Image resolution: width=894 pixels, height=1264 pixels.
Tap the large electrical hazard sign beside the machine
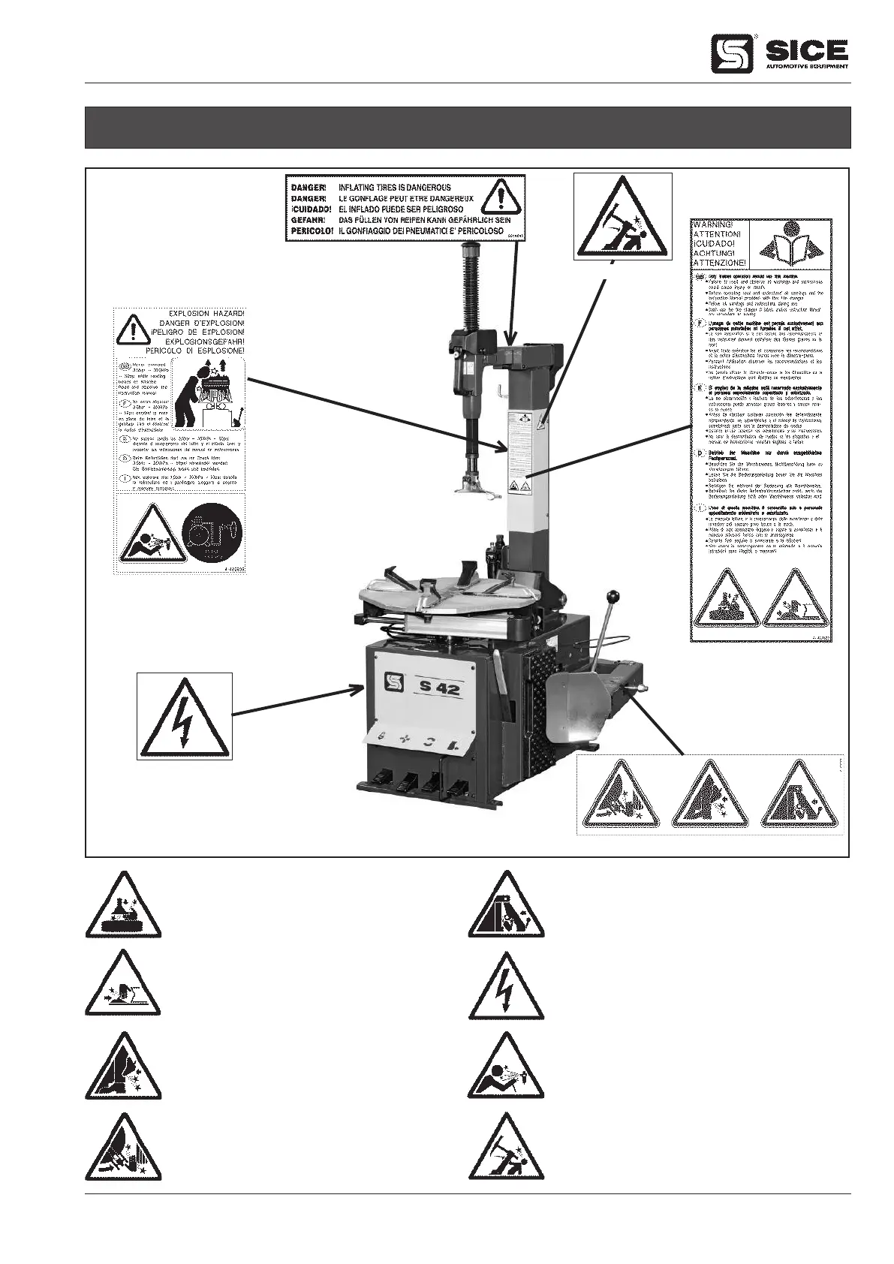185,716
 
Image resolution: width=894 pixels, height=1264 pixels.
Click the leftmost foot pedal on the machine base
380,781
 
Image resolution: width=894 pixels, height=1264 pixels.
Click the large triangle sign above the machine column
622,217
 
